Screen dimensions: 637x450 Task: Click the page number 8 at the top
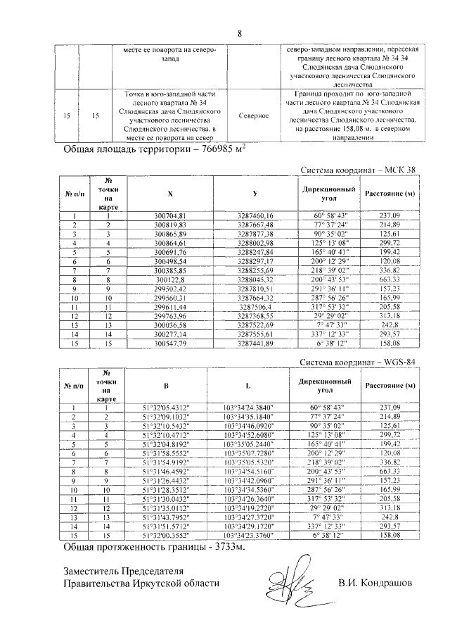(x=239, y=34)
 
